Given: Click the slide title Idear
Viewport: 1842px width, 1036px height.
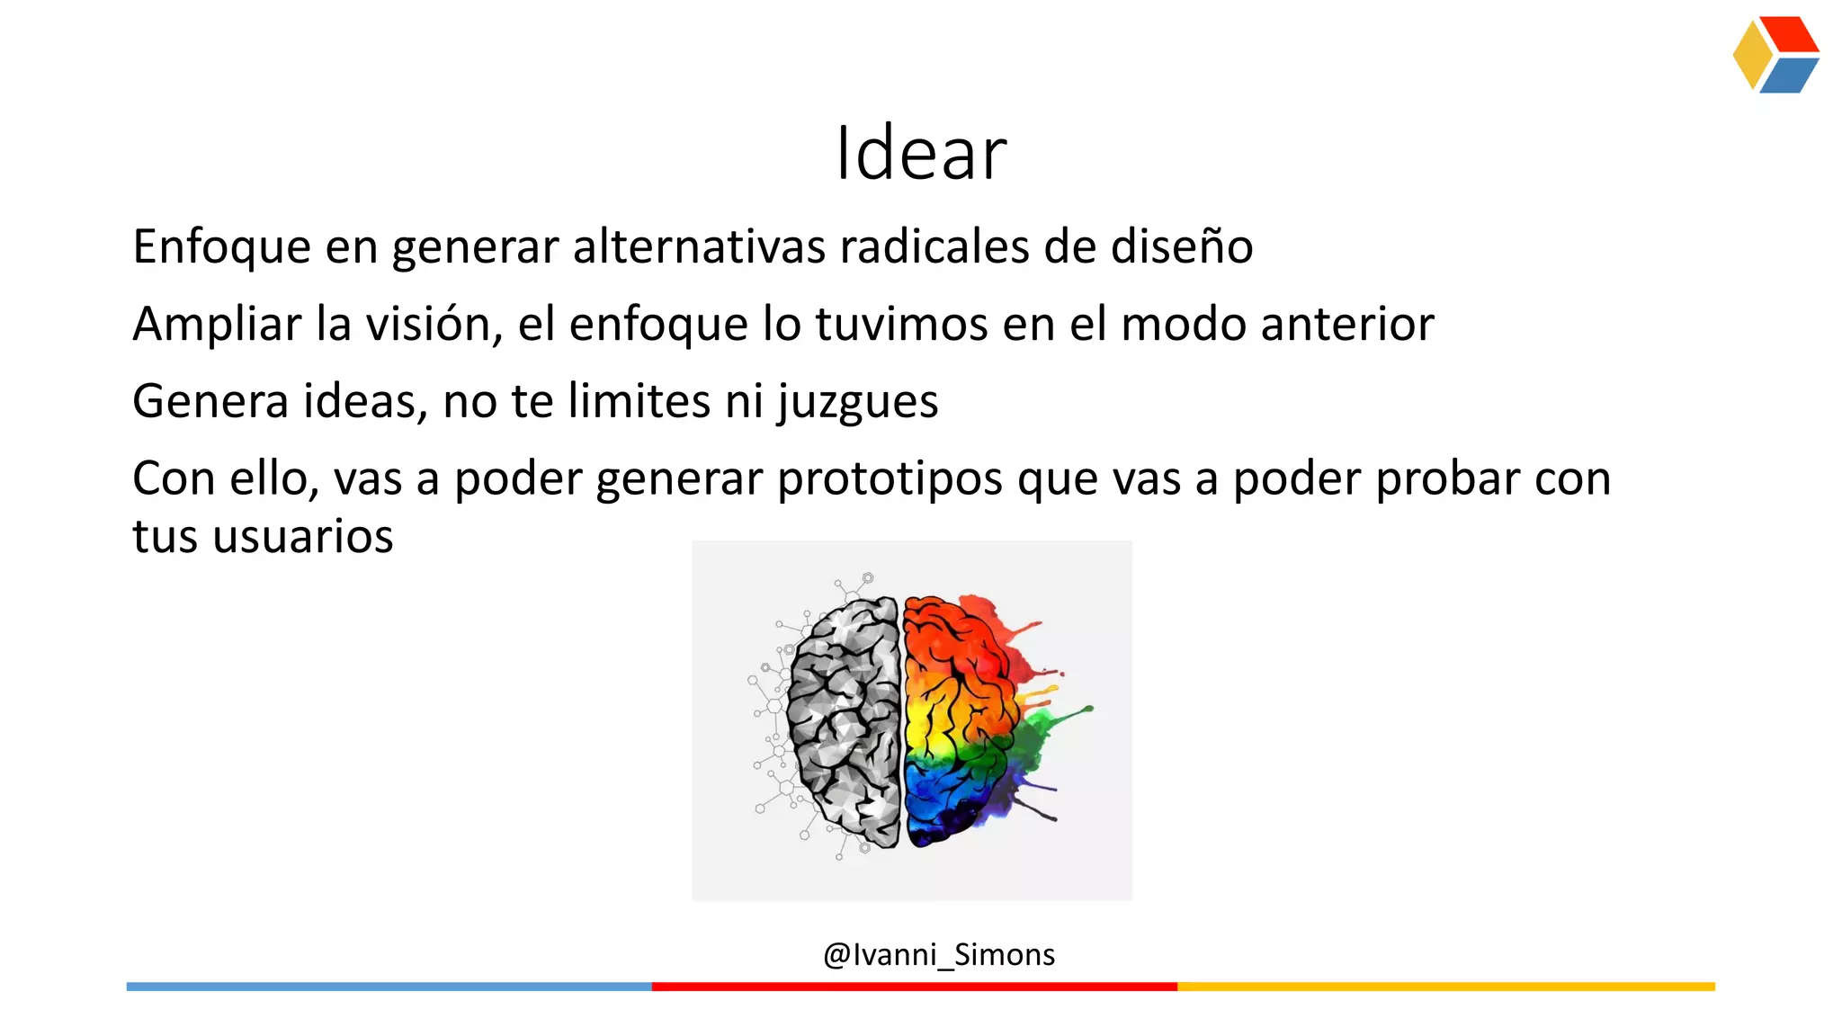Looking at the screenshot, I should [921, 154].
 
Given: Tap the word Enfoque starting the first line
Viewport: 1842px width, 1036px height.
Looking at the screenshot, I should [221, 247].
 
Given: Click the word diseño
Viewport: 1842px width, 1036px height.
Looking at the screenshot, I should [1182, 247].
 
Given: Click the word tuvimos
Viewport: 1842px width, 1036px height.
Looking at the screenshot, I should [902, 325].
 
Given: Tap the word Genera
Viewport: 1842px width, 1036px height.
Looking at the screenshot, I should [210, 402].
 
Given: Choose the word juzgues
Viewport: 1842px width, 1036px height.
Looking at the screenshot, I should [858, 402].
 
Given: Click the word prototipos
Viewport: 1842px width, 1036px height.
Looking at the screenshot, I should [890, 479].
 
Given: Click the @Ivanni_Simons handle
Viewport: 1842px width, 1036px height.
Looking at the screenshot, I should [938, 954].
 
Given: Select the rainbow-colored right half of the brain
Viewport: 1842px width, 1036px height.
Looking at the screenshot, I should [962, 719].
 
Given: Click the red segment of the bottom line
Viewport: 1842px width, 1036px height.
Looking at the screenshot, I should [914, 987].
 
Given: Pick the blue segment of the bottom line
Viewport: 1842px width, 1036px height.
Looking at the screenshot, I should [389, 987].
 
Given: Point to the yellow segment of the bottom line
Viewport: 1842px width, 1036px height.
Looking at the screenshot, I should [1445, 987].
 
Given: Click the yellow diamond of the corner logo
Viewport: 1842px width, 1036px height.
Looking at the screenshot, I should [1752, 55].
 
